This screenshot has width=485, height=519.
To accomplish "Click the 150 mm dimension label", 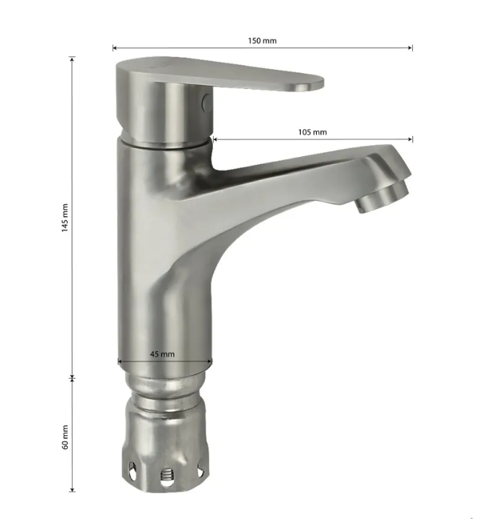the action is [x=262, y=40].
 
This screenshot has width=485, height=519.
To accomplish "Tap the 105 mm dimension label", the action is [x=313, y=132].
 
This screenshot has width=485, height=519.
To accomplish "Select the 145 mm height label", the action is [x=65, y=218].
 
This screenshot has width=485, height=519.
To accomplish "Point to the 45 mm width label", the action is [x=162, y=354].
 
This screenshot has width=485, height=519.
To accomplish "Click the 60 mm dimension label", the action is [x=65, y=437].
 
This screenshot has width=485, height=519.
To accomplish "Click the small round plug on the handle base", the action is [x=206, y=102].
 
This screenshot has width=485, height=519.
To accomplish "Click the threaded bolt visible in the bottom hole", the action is [x=167, y=476].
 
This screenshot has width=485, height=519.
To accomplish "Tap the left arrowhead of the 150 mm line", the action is [x=114, y=48].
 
